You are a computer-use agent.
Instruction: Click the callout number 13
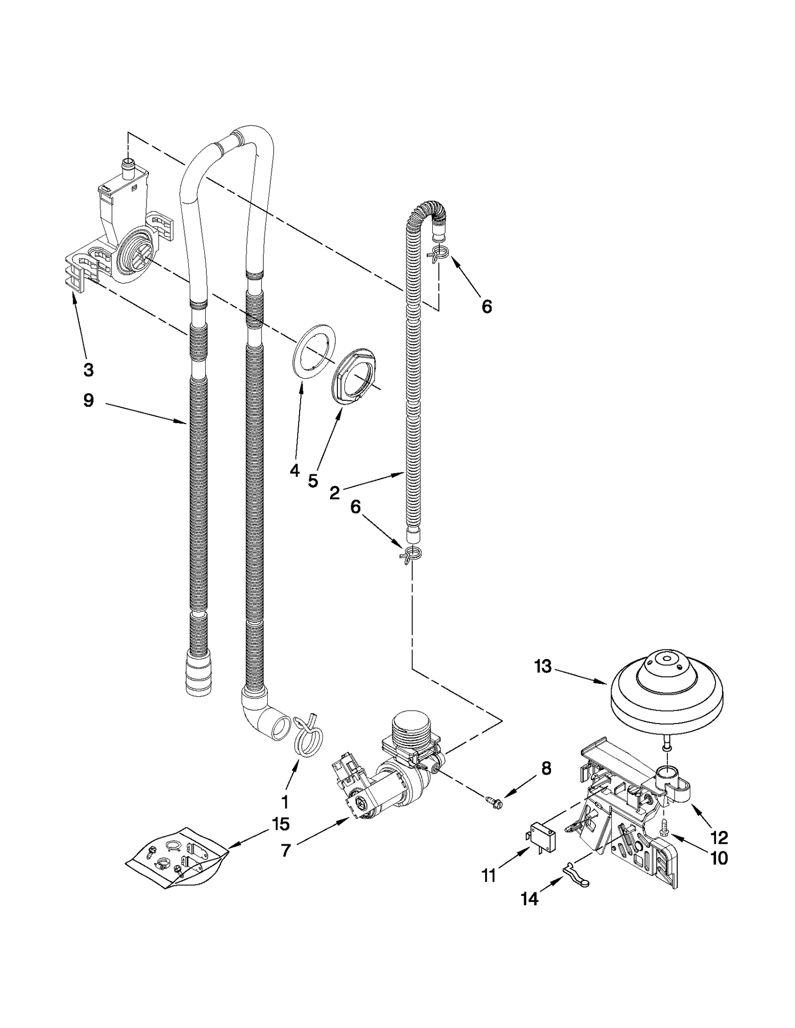click(543, 666)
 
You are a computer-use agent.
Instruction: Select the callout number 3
click(88, 369)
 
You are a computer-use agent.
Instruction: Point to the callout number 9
click(88, 400)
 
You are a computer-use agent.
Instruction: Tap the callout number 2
click(334, 493)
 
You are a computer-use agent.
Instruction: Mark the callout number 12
click(719, 837)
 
